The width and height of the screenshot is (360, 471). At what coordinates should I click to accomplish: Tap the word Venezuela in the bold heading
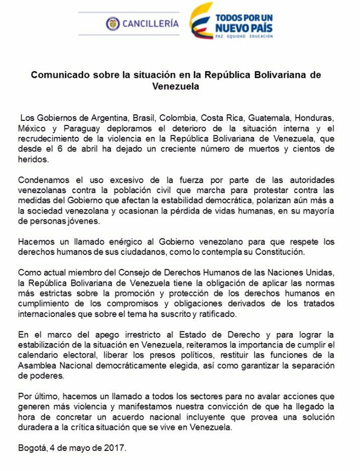point(175,86)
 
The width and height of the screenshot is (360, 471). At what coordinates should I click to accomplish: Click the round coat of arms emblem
point(112,23)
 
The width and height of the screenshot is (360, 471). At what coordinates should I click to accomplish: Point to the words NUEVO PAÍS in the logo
point(244,27)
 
